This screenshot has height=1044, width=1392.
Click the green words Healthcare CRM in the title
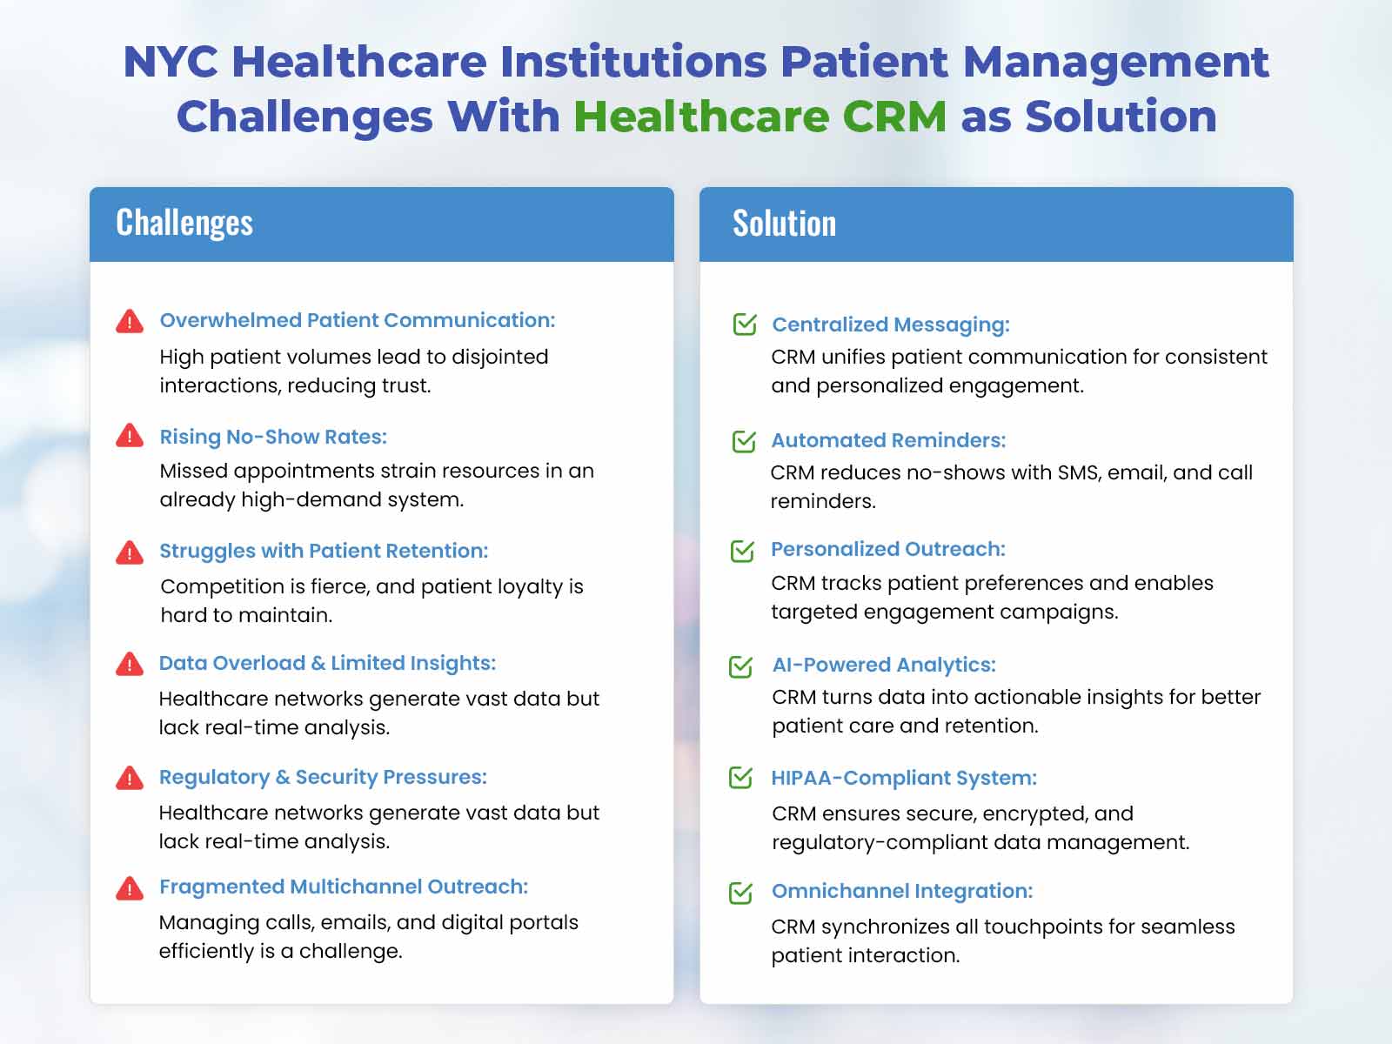(760, 117)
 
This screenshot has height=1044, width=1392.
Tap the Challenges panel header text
(184, 223)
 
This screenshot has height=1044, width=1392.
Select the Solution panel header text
(784, 223)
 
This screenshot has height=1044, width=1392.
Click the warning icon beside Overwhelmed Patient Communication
(130, 321)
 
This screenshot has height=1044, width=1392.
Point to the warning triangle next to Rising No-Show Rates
(130, 436)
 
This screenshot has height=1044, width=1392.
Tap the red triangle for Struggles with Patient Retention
(130, 552)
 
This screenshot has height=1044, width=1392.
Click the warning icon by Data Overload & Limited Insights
(130, 664)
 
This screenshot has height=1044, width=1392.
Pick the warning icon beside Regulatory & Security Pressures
(130, 778)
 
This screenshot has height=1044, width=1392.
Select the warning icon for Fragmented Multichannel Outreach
(130, 888)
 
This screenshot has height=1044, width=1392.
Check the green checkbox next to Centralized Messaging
(745, 324)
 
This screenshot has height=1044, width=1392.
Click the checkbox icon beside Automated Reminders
(744, 441)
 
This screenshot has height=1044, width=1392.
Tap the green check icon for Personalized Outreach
(743, 551)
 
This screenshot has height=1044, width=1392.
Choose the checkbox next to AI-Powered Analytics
(740, 666)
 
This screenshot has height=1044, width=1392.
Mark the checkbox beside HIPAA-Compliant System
(740, 777)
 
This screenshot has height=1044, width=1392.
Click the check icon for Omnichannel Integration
(740, 893)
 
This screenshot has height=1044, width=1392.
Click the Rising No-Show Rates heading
(273, 437)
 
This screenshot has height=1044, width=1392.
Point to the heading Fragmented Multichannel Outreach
(344, 887)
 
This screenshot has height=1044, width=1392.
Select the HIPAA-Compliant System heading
(904, 778)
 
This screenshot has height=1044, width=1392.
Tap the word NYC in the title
(171, 62)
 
